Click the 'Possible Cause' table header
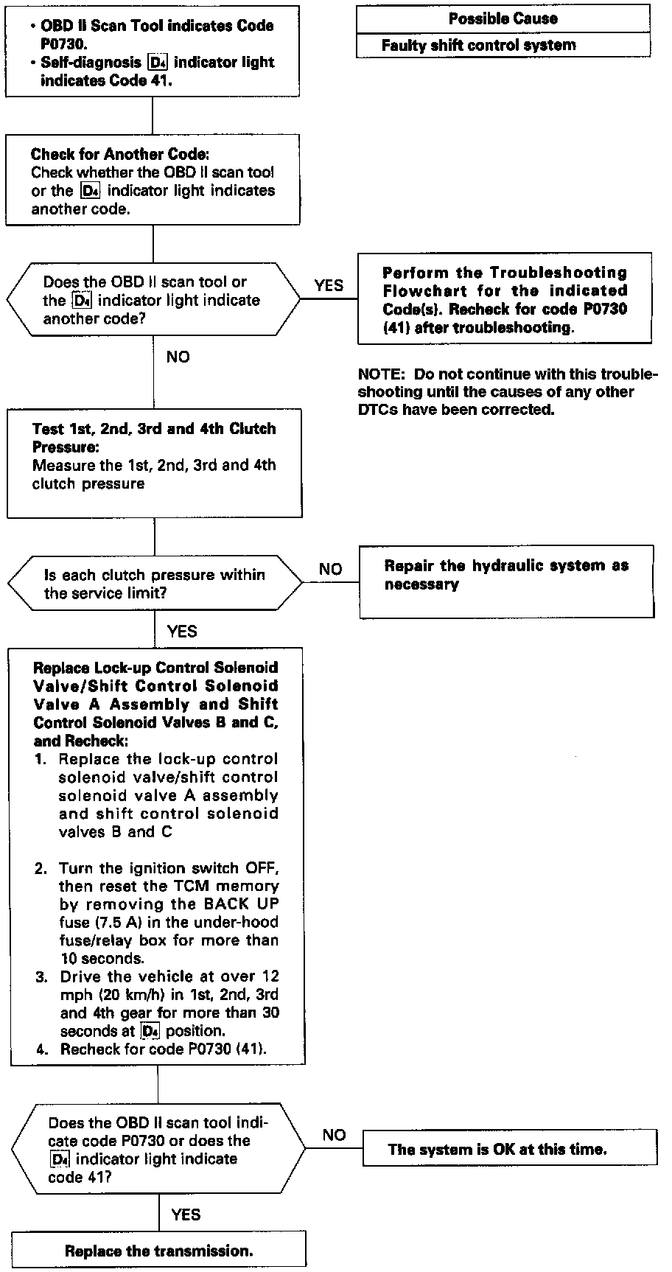[503, 18]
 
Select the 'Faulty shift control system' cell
[479, 45]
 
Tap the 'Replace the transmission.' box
[158, 1251]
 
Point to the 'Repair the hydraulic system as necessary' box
[506, 576]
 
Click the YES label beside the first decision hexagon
[329, 285]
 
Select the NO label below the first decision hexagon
[178, 357]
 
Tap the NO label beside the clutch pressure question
[331, 569]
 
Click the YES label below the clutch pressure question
[182, 631]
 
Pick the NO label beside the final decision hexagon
[334, 1135]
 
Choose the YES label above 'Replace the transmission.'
[186, 1215]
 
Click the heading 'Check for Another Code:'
[120, 155]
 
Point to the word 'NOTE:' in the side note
[381, 374]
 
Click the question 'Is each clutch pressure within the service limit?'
[155, 584]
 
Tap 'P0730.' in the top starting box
[64, 43]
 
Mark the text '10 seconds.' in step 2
[101, 958]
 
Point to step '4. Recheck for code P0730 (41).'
[151, 1048]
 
